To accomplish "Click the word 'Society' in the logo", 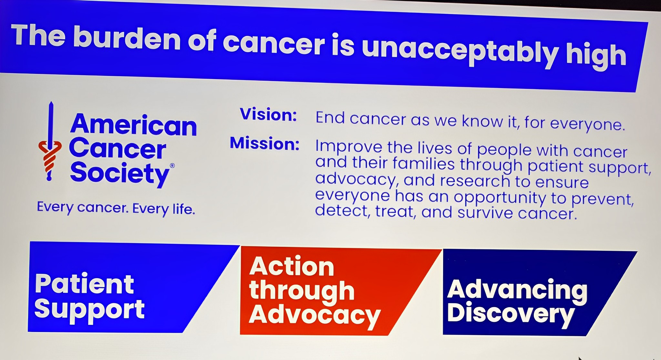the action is pos(119,174).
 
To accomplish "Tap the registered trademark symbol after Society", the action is pos(172,165).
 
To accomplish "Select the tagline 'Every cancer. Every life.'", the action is pos(116,208).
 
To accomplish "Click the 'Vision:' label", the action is pos(268,115).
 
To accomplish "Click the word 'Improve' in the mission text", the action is pos(349,147).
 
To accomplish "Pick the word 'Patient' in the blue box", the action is pos(85,284).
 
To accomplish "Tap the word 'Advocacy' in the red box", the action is pos(315,315).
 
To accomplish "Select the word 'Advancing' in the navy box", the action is pos(517,291).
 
